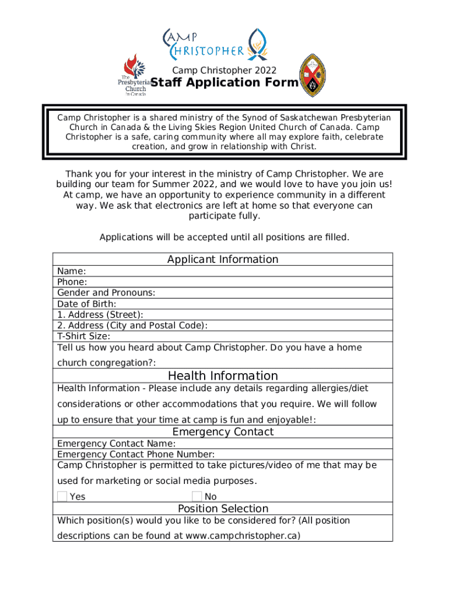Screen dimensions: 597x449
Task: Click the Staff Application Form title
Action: [x=224, y=83]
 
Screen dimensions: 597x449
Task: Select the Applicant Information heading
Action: [x=223, y=259]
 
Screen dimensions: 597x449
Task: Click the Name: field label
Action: [x=72, y=271]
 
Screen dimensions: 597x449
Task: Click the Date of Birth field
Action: [x=87, y=304]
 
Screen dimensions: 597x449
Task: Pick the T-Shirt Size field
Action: [x=83, y=336]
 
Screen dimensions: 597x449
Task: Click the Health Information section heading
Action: [x=223, y=375]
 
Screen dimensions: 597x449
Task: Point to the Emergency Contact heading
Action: [x=223, y=432]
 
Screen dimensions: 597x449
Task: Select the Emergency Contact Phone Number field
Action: [x=136, y=454]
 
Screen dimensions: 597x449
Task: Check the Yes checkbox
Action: [x=62, y=496]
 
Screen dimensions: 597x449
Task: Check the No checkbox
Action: [x=197, y=496]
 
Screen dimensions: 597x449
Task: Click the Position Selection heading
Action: [x=223, y=508]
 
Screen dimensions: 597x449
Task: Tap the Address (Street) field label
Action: [x=100, y=315]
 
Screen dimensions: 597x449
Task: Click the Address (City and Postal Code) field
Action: [x=132, y=325]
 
